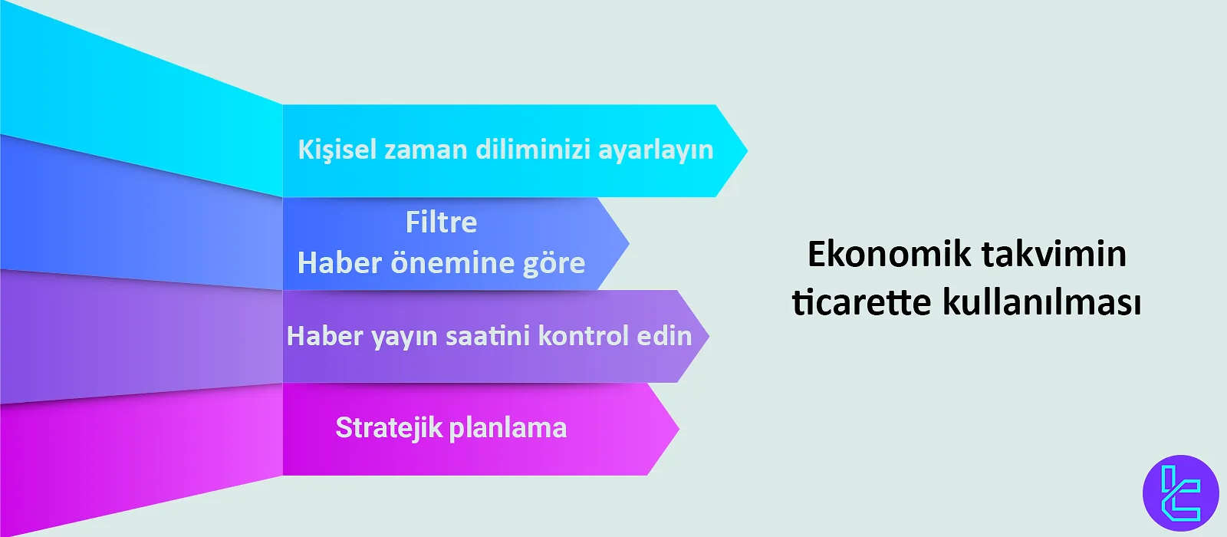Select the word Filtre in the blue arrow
pos(441,222)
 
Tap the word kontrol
pos(583,336)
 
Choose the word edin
pos(664,336)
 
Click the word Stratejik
pos(389,428)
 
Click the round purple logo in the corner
pos(1180,493)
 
